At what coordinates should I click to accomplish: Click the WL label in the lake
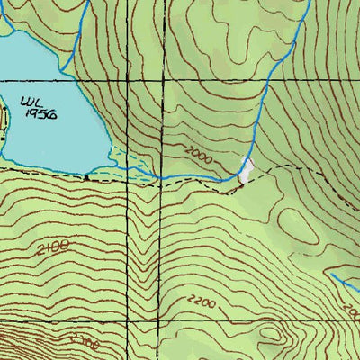point(33,102)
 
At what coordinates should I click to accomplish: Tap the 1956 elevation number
point(41,115)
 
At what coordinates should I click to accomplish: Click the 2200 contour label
point(202,302)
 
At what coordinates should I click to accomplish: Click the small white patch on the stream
point(245,169)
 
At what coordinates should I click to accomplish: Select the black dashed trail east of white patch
point(288,169)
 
